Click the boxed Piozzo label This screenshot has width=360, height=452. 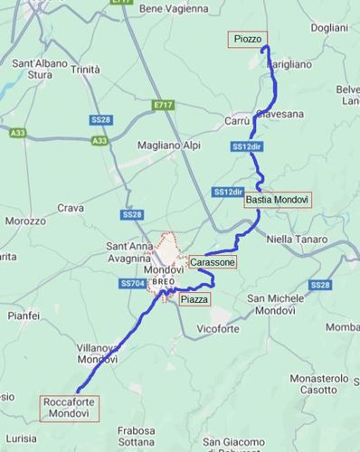[247, 40]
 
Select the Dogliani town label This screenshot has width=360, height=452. [328, 28]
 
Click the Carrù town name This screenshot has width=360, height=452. [237, 119]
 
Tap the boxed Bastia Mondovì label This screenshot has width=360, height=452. [278, 199]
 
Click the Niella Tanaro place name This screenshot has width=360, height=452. [298, 239]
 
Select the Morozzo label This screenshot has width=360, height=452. [24, 221]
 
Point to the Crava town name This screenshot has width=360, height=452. [71, 208]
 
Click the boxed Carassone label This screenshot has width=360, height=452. [213, 262]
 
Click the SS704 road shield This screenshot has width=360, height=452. [132, 284]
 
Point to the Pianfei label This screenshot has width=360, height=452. [23, 315]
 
